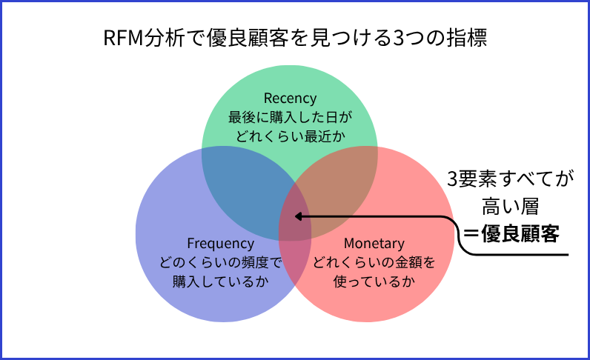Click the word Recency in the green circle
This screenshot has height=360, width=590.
[x=290, y=98]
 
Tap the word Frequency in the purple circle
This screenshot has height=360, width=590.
[x=221, y=244]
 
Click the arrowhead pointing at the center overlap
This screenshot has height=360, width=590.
[x=299, y=217]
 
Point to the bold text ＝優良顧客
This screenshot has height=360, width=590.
[x=510, y=233]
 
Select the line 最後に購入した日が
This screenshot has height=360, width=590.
[x=290, y=116]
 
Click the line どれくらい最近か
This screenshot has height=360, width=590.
[x=290, y=135]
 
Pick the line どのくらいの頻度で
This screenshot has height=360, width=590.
[x=221, y=262]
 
